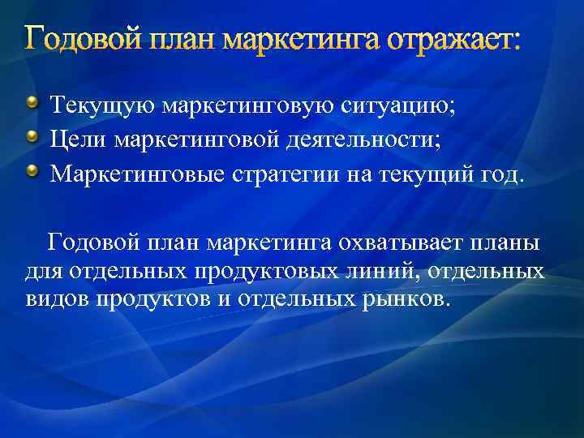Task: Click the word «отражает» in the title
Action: click(454, 39)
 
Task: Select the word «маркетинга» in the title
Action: click(304, 39)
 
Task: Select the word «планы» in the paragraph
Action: click(512, 242)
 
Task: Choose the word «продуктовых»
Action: click(243, 271)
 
